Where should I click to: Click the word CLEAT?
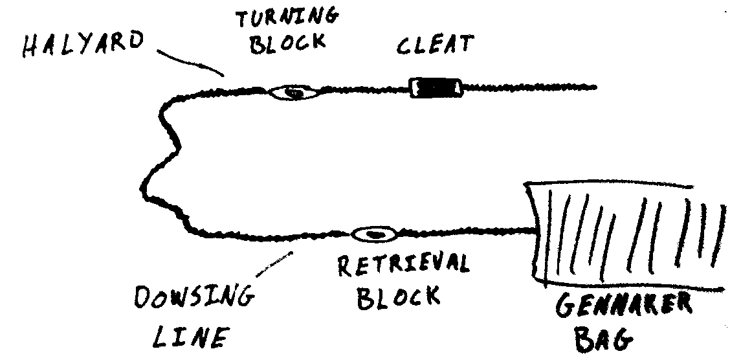pyautogui.click(x=434, y=47)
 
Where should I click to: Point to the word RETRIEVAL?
pyautogui.click(x=403, y=266)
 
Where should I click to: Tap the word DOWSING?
pyautogui.click(x=192, y=299)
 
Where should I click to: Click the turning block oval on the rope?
pyautogui.click(x=294, y=93)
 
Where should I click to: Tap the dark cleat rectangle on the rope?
pyautogui.click(x=436, y=87)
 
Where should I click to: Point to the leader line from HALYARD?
pyautogui.click(x=192, y=64)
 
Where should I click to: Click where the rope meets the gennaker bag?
pyautogui.click(x=535, y=228)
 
